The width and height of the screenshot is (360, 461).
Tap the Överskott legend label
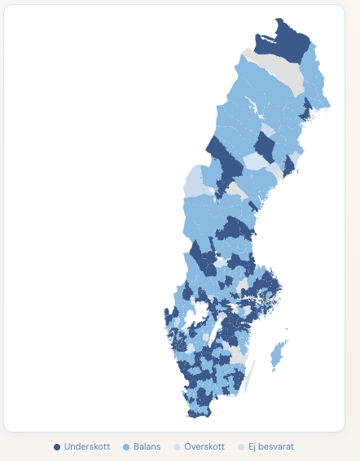pyautogui.click(x=204, y=447)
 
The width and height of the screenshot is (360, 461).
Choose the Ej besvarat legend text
pyautogui.click(x=271, y=447)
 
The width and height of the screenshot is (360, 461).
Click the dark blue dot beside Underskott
pyautogui.click(x=57, y=447)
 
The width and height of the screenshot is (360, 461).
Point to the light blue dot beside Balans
pyautogui.click(x=126, y=447)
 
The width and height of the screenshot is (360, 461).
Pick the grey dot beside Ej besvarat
pyautogui.click(x=241, y=447)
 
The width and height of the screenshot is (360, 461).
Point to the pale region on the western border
pyautogui.click(x=194, y=181)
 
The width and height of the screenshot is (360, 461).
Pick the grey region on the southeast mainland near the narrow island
pyautogui.click(x=239, y=356)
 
